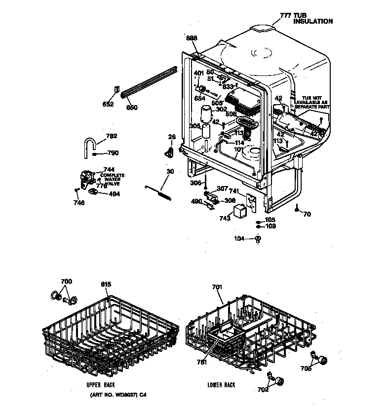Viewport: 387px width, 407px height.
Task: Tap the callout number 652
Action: pos(108,104)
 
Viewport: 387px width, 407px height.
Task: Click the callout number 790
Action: pos(113,153)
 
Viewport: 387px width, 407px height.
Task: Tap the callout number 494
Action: pos(114,194)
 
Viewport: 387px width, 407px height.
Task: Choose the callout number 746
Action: pos(79,203)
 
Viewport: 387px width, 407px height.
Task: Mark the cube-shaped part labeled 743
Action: pos(240,211)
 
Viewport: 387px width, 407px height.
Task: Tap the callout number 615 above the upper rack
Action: pos(106,284)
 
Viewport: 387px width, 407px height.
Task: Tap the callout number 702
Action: pos(263,390)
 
